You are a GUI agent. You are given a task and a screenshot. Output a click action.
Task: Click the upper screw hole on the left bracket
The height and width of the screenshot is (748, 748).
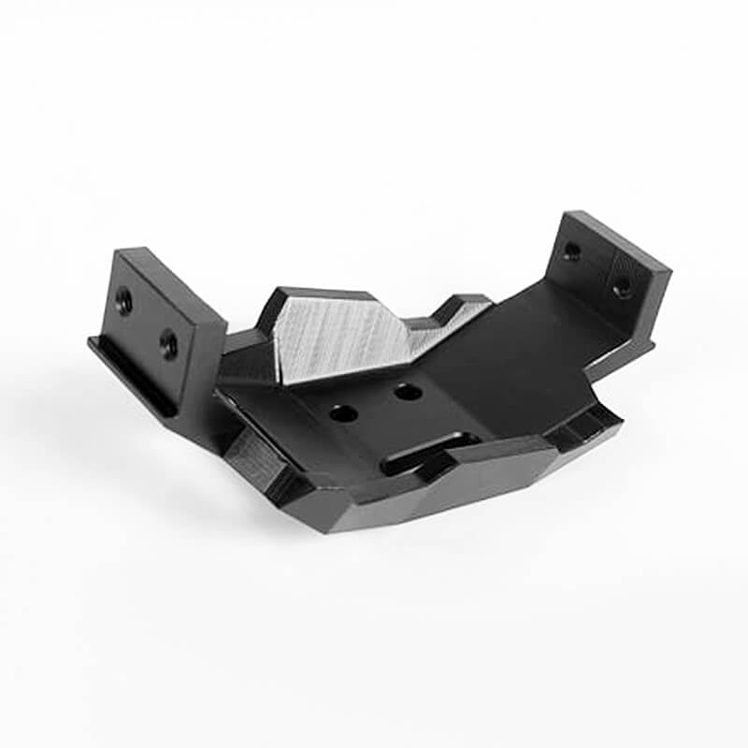click(x=122, y=300)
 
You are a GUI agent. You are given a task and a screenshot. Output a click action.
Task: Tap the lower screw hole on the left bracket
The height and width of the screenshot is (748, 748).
click(x=168, y=343)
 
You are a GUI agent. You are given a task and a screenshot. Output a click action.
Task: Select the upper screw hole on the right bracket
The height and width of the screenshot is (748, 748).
click(x=571, y=251)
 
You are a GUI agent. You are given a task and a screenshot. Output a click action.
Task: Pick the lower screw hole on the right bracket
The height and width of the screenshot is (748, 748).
click(x=622, y=289)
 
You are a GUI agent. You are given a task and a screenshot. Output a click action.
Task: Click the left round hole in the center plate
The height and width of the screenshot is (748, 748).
click(x=343, y=412)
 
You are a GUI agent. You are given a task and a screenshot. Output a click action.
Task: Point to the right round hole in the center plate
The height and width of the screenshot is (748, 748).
click(x=408, y=392)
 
